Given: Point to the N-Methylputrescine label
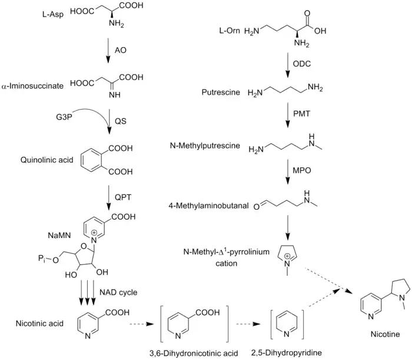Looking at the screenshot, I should (x=212, y=146).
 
